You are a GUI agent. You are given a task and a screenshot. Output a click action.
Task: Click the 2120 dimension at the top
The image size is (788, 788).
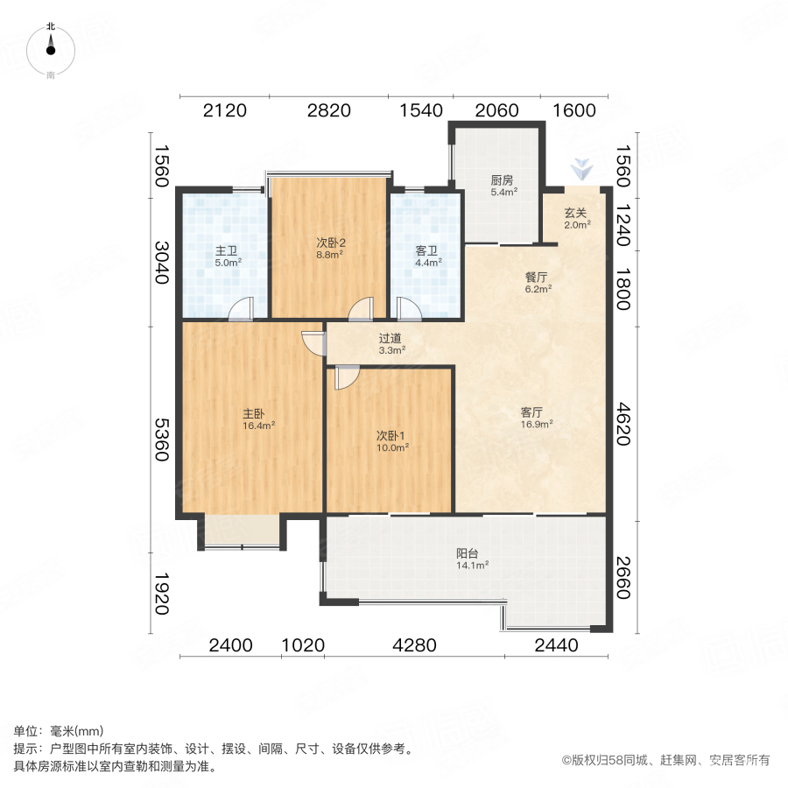click(x=224, y=110)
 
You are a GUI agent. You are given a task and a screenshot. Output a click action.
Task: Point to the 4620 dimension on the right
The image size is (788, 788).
click(x=623, y=423)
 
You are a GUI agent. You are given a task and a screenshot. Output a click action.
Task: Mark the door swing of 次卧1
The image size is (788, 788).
click(x=345, y=377)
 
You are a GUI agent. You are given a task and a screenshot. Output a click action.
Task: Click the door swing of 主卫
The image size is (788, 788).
click(x=242, y=309)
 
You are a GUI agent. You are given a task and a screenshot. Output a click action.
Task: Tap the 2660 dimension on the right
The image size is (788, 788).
click(x=623, y=578)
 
